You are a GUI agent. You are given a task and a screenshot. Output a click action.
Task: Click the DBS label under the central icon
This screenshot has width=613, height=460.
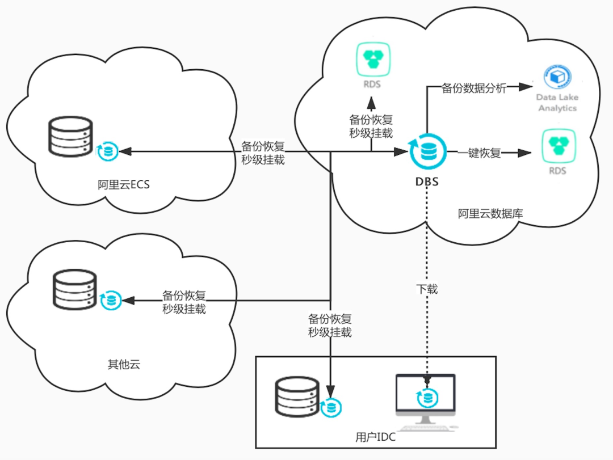[x=427, y=182]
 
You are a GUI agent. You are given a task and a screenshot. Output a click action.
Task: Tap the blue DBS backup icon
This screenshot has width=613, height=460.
[x=426, y=151]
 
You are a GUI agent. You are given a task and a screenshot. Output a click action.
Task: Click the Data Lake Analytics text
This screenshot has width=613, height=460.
[x=557, y=103]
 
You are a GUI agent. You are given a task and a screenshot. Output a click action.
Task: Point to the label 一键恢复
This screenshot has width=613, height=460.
[x=480, y=153]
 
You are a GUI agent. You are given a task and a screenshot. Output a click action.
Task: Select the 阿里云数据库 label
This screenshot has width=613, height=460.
[x=490, y=214]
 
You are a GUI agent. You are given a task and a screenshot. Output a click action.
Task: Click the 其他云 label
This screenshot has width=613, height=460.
[x=123, y=364]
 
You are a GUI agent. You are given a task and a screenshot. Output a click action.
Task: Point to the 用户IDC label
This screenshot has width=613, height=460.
[x=375, y=437]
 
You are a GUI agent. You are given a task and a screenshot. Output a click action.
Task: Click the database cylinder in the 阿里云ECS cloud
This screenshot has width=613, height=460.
[x=70, y=136]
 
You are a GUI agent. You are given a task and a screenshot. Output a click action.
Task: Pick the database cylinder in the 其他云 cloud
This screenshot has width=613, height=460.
[x=74, y=289]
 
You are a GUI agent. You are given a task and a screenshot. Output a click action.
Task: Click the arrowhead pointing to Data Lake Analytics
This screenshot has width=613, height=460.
[x=526, y=87]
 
